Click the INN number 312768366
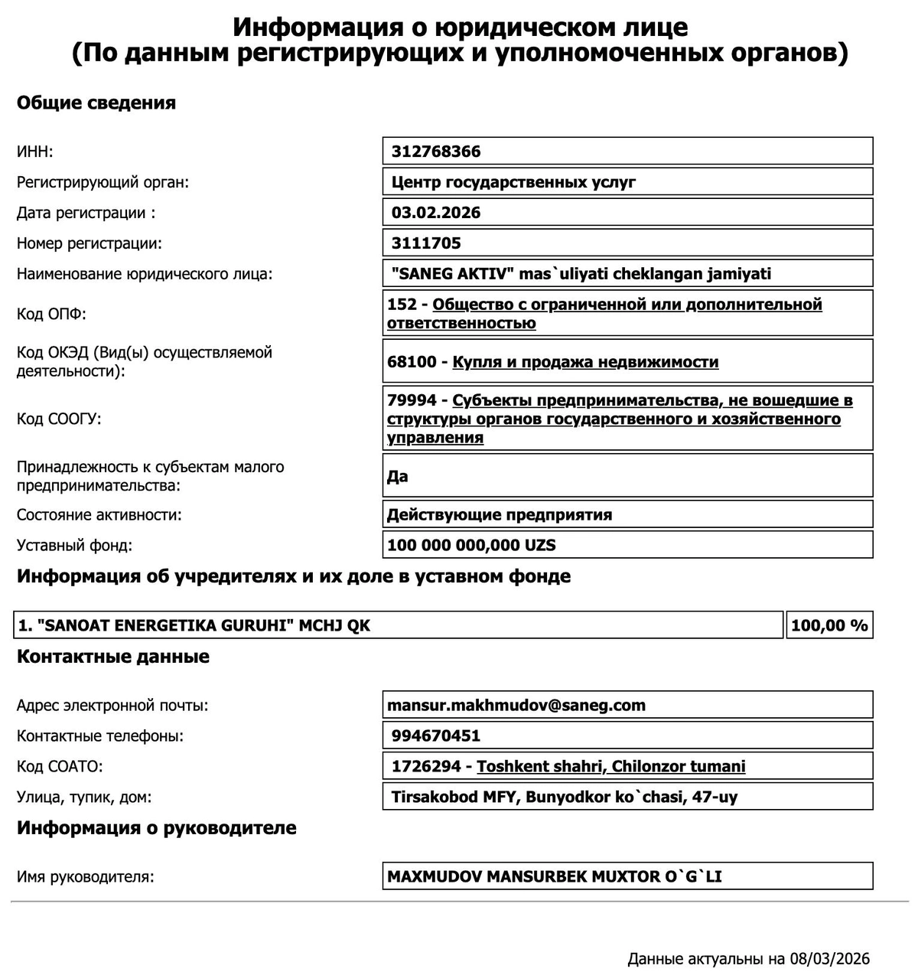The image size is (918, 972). point(436,152)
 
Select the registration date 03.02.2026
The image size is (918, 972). point(436,213)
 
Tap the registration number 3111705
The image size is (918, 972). point(426,243)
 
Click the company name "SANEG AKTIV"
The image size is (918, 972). point(454,274)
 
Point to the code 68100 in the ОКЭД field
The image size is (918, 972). point(412,362)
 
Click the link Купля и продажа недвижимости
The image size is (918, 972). point(585,362)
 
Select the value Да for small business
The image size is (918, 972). point(398,476)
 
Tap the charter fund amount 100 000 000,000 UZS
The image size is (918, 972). point(471,546)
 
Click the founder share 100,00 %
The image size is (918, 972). point(829,625)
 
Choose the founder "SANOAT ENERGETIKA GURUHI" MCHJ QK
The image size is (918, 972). point(194,625)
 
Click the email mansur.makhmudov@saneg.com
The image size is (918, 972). point(516,705)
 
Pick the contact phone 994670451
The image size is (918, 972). point(436,736)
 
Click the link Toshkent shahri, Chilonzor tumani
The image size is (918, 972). point(610,766)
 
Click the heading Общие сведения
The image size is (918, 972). point(96,103)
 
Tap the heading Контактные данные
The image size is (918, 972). point(113,657)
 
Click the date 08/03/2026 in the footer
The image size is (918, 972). point(830,959)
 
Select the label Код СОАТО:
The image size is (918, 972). point(60,766)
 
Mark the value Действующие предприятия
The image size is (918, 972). point(500,514)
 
